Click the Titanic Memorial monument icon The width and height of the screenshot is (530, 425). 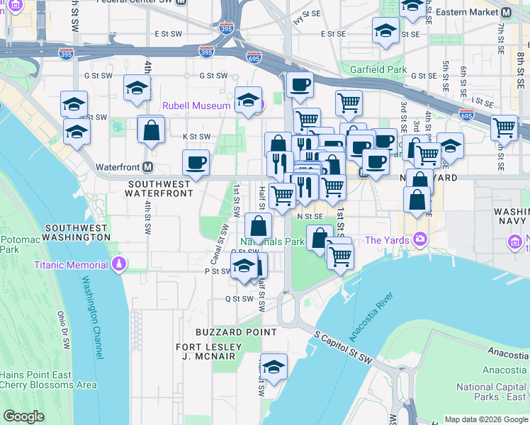119,265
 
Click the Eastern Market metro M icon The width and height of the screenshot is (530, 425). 506,13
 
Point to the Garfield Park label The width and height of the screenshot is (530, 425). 378,69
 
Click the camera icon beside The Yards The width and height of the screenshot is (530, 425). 421,240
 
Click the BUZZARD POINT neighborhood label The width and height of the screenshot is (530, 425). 236,331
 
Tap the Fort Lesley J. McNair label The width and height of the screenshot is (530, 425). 209,352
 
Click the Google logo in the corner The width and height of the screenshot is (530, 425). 23,416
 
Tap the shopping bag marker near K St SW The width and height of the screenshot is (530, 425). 151,130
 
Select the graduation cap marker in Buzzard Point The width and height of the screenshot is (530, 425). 274,366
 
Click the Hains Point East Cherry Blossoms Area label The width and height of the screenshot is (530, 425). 48,380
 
